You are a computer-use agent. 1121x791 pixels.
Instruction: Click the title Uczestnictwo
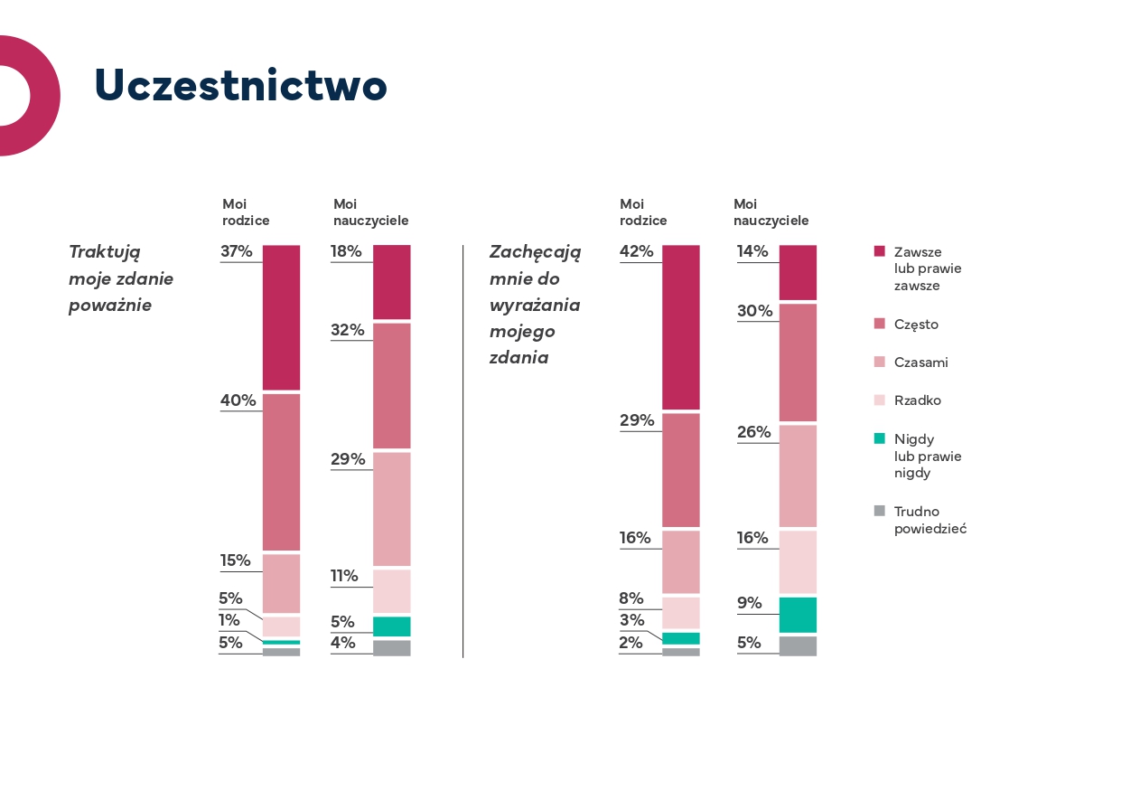click(x=240, y=86)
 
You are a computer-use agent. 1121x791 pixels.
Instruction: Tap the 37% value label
click(x=237, y=251)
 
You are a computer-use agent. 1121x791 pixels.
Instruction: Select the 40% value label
click(x=238, y=400)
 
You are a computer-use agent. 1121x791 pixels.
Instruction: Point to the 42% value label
click(x=636, y=251)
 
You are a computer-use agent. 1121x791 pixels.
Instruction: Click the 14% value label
click(x=752, y=251)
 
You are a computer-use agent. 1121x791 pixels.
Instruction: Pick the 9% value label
click(x=750, y=603)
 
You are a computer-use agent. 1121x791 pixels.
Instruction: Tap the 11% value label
click(x=344, y=576)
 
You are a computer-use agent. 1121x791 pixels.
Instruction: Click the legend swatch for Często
click(x=880, y=324)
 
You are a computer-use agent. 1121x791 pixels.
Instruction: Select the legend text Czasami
click(x=920, y=363)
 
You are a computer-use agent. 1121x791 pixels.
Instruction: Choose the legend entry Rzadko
click(x=917, y=400)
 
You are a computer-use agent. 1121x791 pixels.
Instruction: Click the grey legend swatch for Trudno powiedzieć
click(x=880, y=511)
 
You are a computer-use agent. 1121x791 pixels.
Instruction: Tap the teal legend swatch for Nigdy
click(x=880, y=438)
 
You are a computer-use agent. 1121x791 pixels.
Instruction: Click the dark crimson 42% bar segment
click(x=681, y=327)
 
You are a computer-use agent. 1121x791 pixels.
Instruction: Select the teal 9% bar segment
click(x=798, y=615)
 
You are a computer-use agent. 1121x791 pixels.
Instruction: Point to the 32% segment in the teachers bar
click(x=392, y=385)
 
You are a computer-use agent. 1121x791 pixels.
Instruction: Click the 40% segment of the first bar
click(x=281, y=472)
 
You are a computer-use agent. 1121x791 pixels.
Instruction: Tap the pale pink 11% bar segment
click(x=392, y=591)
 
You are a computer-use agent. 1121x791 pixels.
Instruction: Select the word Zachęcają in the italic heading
click(x=535, y=251)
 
